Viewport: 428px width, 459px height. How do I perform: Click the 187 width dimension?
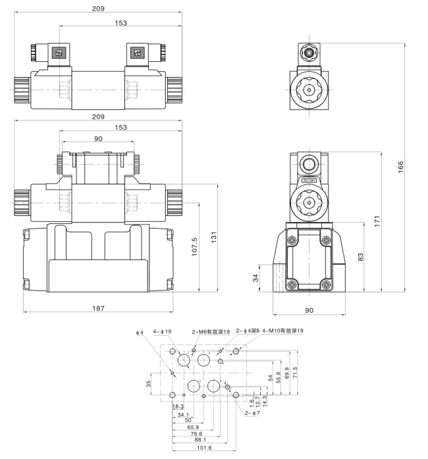pyautogui.click(x=98, y=308)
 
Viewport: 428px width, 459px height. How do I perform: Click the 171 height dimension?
pyautogui.click(x=378, y=221)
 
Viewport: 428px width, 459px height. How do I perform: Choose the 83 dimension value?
pyautogui.click(x=360, y=256)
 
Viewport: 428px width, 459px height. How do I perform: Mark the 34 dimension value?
pyautogui.click(x=256, y=278)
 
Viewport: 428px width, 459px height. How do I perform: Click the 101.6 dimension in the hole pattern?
pyautogui.click(x=204, y=448)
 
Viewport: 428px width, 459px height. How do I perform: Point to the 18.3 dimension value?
pyautogui.click(x=178, y=408)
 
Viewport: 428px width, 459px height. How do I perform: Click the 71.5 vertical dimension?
pyautogui.click(x=295, y=372)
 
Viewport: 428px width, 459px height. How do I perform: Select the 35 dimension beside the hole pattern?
pyautogui.click(x=149, y=383)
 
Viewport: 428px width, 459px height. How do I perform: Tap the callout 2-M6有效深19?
pyautogui.click(x=211, y=332)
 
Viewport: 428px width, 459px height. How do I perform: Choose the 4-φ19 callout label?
pyautogui.click(x=162, y=331)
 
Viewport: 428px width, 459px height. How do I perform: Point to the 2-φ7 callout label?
pyautogui.click(x=252, y=414)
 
